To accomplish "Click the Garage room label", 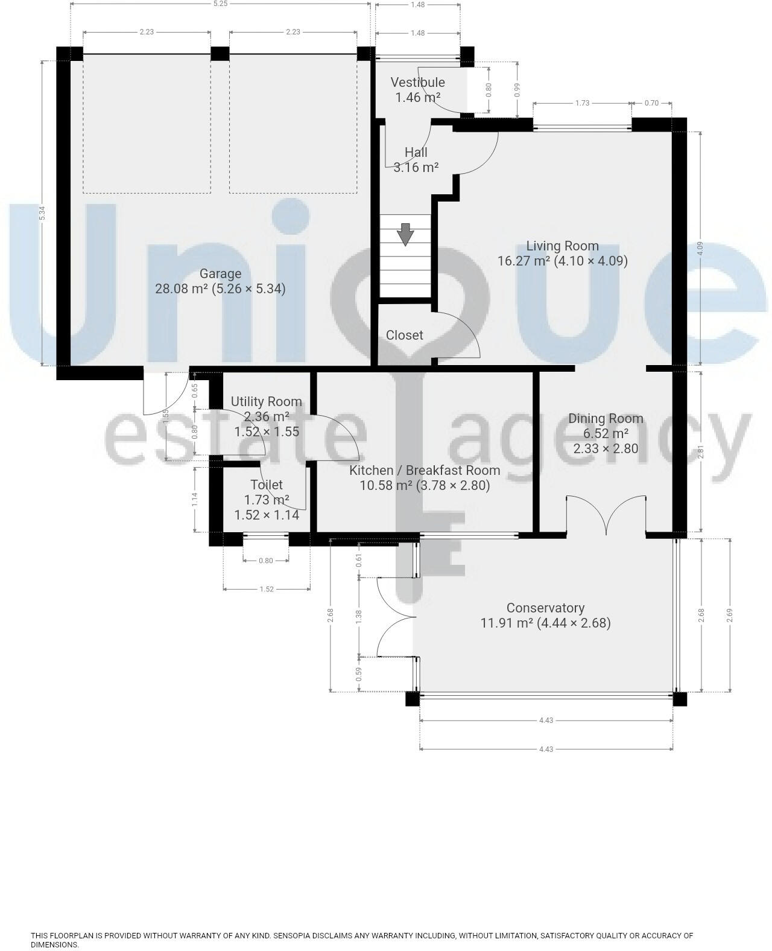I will pyautogui.click(x=220, y=274).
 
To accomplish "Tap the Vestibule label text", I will pyautogui.click(x=417, y=83).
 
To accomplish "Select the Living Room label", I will pyautogui.click(x=562, y=246).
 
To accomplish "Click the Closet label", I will pyautogui.click(x=404, y=335).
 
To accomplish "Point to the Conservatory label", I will pyautogui.click(x=545, y=608).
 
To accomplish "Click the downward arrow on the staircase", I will pyautogui.click(x=405, y=234).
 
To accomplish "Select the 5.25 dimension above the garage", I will pyautogui.click(x=220, y=4).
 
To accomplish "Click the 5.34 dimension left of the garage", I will pyautogui.click(x=42, y=213).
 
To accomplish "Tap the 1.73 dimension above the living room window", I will pyautogui.click(x=581, y=103).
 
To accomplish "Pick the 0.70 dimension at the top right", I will pyautogui.click(x=651, y=103).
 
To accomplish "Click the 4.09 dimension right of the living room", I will pyautogui.click(x=700, y=248).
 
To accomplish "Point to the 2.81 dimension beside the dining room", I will pyautogui.click(x=700, y=452).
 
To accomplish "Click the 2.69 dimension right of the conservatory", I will pyautogui.click(x=730, y=615).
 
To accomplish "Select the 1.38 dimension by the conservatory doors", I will pyautogui.click(x=359, y=616).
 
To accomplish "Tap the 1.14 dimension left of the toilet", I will pyautogui.click(x=195, y=498).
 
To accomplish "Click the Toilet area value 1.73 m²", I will pyautogui.click(x=266, y=500).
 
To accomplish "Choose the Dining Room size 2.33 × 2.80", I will pyautogui.click(x=606, y=448).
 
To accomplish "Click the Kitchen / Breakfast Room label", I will pyautogui.click(x=425, y=470).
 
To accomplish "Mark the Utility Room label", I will pyautogui.click(x=266, y=402).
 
